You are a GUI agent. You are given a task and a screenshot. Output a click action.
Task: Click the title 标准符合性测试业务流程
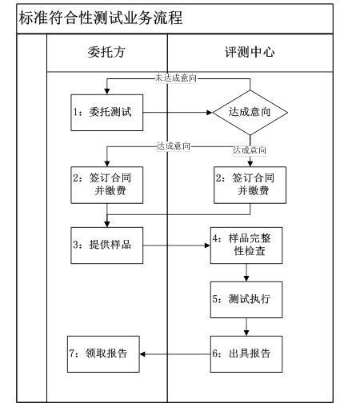pyautogui.click(x=101, y=18)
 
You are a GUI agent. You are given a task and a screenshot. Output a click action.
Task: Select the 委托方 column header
pyautogui.click(x=106, y=53)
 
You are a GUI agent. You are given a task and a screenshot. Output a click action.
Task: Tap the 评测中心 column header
pyautogui.click(x=250, y=53)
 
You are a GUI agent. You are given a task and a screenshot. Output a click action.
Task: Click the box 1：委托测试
pyautogui.click(x=106, y=113)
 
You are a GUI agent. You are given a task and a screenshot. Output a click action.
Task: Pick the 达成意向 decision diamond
pyautogui.click(x=250, y=113)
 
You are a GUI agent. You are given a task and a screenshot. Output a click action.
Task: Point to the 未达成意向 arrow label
pyautogui.click(x=176, y=78)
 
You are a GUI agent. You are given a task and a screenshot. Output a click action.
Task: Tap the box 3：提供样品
pyautogui.click(x=106, y=245)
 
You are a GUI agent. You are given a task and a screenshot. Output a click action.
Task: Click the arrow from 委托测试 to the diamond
pyautogui.click(x=178, y=113)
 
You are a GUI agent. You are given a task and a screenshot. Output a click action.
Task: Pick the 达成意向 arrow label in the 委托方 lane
pyautogui.click(x=174, y=146)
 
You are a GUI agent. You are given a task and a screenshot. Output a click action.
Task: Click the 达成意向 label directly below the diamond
pyautogui.click(x=250, y=150)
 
